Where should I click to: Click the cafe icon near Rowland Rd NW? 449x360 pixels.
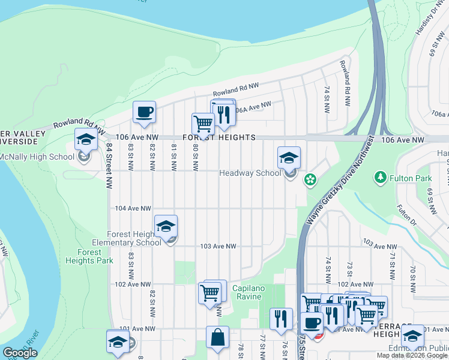(145, 112)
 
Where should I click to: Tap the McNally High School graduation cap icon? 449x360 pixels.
(86, 140)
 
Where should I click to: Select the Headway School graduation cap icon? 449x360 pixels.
(289, 158)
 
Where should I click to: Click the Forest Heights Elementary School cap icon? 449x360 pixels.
(166, 226)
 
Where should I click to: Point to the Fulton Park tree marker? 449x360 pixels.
(379, 178)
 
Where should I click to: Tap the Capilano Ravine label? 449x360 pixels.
(247, 292)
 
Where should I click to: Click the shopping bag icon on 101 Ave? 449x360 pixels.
(217, 337)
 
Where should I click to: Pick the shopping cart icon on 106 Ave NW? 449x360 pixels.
(203, 124)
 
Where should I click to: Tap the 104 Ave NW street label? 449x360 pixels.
(133, 208)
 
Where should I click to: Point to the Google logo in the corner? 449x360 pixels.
(20, 353)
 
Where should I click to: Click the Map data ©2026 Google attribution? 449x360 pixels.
(412, 355)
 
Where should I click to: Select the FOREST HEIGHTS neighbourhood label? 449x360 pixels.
(218, 137)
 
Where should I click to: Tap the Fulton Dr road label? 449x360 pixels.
(406, 214)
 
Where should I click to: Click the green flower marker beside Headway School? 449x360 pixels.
(310, 179)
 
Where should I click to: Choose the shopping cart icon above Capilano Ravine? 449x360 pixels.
(211, 292)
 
